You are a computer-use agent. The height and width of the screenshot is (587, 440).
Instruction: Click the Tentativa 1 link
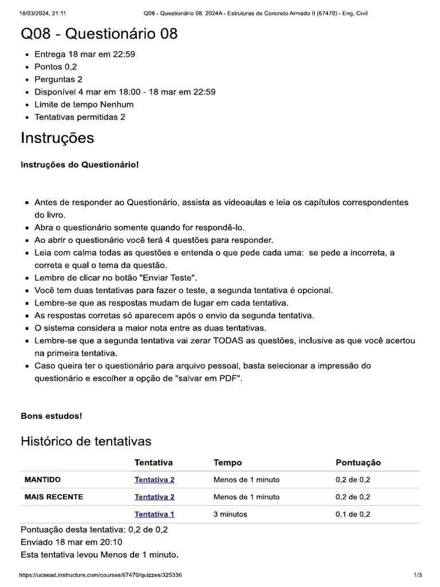pos(154,514)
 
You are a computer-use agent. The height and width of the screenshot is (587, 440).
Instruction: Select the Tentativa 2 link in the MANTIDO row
pos(154,480)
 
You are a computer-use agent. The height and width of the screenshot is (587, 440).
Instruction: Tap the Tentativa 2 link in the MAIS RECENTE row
pos(154,497)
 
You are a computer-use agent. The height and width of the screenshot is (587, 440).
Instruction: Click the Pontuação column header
pos(358,463)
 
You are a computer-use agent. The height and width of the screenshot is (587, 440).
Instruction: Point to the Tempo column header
pos(227,463)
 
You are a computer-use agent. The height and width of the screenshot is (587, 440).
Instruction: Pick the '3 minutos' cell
pos(230,514)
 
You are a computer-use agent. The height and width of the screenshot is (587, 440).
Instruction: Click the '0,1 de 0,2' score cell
pos(353,514)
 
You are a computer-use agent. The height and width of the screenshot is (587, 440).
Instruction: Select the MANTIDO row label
pos(42,480)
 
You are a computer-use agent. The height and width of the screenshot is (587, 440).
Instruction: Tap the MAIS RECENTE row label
pos(54,497)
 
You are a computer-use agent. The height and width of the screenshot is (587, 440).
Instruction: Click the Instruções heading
pos(57,138)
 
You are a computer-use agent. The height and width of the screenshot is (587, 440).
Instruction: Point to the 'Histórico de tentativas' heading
pos(86,441)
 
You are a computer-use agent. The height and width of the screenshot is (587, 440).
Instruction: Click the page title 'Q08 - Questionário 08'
pos(99,34)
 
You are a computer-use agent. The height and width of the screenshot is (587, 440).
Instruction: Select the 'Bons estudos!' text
pos(51,416)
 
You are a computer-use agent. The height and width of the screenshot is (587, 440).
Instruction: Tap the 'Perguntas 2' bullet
pos(58,80)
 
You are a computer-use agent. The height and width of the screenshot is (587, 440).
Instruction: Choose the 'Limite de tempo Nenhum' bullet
pos(84,104)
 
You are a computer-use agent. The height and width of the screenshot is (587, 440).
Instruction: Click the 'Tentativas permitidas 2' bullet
pos(80,117)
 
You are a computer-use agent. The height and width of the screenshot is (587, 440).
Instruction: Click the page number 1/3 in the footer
pos(418,575)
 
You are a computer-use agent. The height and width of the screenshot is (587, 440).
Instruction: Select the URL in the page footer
pos(100,575)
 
